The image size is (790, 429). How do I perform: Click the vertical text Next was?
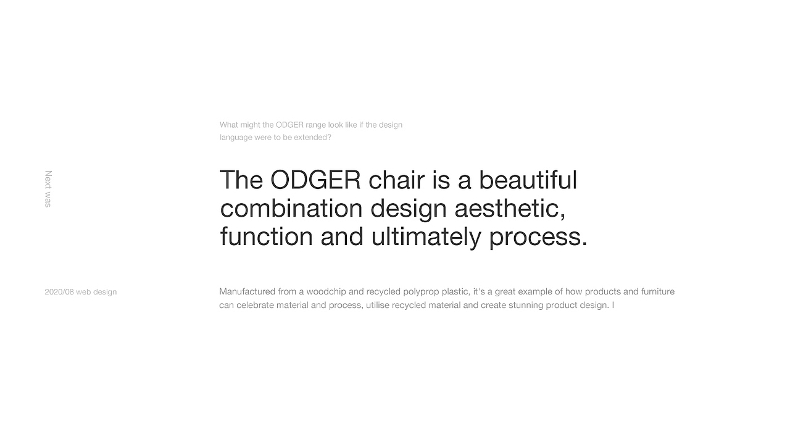pos(48,189)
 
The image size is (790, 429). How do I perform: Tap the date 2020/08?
pos(59,292)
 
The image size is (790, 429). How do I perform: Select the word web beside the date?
pos(83,292)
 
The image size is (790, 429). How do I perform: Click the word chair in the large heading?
pos(396,180)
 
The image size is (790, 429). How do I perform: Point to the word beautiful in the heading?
pos(528,180)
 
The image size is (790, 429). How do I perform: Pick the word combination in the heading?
pos(291,209)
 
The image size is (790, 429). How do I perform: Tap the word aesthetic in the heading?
pos(510,209)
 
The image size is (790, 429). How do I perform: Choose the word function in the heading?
pos(266,237)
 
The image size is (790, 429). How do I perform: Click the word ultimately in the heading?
pos(426,237)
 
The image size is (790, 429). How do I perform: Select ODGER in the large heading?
pos(315,180)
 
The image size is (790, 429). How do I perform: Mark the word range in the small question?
pos(315,125)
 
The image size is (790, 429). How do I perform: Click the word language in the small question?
pos(236,138)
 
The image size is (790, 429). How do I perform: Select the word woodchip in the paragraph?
pos(326,292)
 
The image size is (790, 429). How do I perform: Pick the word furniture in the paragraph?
pos(658,292)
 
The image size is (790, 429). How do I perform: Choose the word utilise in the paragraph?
pos(377,306)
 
